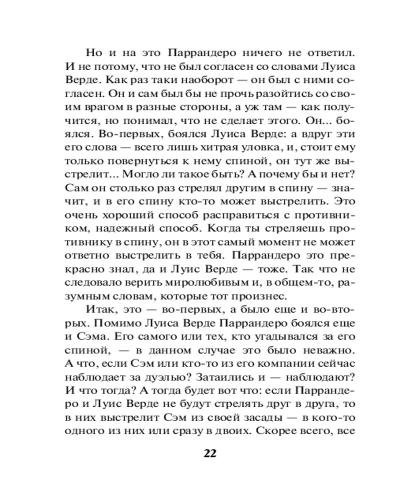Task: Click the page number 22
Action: coord(209,453)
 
